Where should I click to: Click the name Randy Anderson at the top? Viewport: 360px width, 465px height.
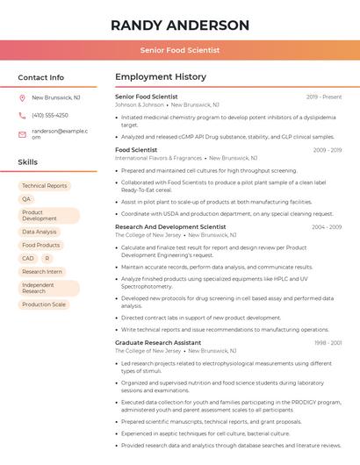point(180,25)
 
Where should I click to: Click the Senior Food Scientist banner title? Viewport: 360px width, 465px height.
point(180,50)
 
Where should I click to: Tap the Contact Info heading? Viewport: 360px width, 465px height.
point(41,77)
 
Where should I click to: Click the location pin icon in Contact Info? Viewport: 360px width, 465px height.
point(22,97)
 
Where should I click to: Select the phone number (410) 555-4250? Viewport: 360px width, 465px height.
point(50,115)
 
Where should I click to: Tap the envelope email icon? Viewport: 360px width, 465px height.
point(22,133)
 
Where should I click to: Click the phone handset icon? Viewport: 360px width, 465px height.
point(22,115)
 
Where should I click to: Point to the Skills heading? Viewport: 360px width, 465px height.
point(28,162)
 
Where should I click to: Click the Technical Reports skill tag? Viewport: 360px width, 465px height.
point(45,186)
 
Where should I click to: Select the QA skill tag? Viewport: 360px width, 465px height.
point(26,199)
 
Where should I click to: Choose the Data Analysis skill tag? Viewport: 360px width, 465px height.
point(40,232)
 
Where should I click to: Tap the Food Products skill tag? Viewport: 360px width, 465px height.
point(41,245)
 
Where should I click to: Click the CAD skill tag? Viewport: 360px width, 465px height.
point(28,258)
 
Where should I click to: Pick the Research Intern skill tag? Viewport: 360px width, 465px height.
point(42,272)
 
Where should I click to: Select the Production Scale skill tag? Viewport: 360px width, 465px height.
point(44,304)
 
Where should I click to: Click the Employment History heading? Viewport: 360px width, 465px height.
point(161,77)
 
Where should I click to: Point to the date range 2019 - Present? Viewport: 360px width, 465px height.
point(323,97)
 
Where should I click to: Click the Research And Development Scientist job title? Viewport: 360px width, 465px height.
point(170,227)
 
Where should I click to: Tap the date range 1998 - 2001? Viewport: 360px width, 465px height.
point(328,342)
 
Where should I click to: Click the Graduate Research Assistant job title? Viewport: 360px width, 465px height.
point(158,342)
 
